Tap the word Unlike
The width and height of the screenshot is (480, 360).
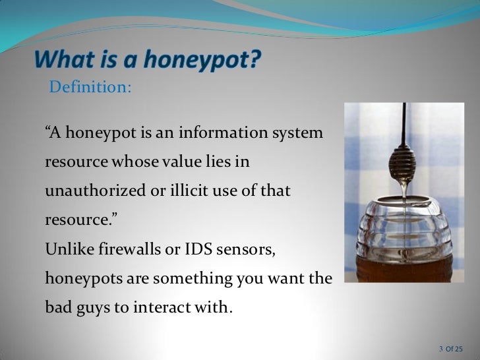tap(65, 249)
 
